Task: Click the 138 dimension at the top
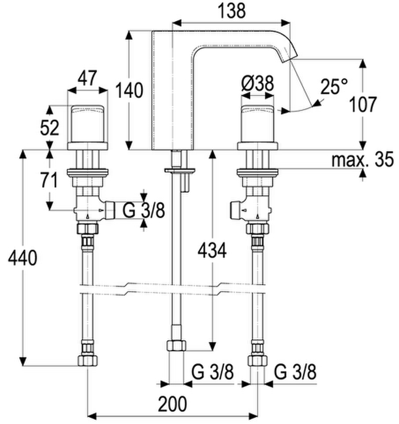point(232,11)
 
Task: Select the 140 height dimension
point(129,90)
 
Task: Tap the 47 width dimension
point(87,78)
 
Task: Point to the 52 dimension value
point(49,128)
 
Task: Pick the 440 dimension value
point(22,258)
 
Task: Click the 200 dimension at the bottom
point(173,404)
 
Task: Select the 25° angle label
point(334,87)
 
